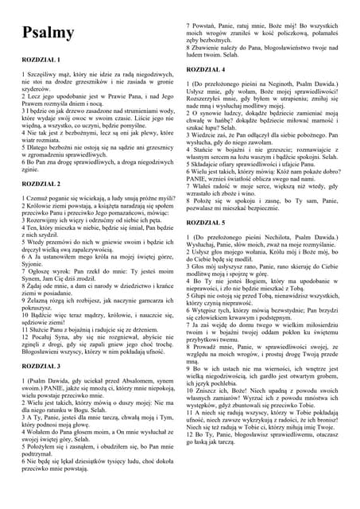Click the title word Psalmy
point(49,33)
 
